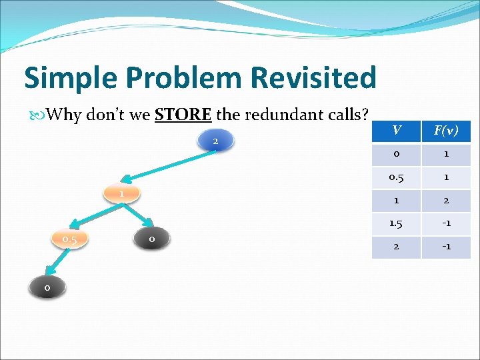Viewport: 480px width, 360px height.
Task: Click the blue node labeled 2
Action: click(x=215, y=141)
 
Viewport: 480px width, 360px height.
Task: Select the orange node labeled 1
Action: click(x=122, y=193)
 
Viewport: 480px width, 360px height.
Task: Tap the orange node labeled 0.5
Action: click(x=69, y=239)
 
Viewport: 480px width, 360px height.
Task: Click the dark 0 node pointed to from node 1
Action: click(x=152, y=238)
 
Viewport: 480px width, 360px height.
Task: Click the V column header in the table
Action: click(x=396, y=130)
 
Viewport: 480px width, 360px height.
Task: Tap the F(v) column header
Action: click(x=445, y=130)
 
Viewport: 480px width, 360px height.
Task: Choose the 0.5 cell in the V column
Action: click(x=396, y=177)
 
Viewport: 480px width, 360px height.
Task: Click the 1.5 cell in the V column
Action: click(x=396, y=223)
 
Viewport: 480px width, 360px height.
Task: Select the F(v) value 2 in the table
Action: click(x=445, y=200)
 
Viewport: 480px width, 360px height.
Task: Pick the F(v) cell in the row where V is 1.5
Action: click(x=445, y=223)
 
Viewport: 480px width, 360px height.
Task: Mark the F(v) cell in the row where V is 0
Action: click(x=445, y=154)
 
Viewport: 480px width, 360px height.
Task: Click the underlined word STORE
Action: click(x=183, y=115)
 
